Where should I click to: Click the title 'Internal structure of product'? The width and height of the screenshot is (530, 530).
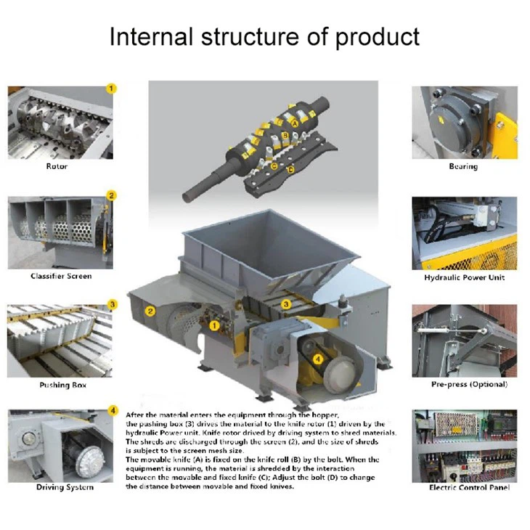264,36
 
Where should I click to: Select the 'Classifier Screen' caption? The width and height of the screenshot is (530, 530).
61,276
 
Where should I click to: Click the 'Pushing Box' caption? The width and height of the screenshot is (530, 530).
62,385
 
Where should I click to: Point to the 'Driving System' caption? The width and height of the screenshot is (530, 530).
65,487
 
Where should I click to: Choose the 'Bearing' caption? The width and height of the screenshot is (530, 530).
463,167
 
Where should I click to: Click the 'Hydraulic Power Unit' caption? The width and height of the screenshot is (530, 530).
464,277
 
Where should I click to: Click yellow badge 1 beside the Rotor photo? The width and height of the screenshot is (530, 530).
112,89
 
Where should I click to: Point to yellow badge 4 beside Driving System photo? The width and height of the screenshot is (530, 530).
112,411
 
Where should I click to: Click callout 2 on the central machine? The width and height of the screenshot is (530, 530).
150,311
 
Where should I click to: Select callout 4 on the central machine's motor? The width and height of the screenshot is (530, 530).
318,357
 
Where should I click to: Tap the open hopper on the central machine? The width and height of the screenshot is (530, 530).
272,247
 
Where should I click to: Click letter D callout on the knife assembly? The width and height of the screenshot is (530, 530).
291,170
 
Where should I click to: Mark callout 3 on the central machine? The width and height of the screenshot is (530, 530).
287,304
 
